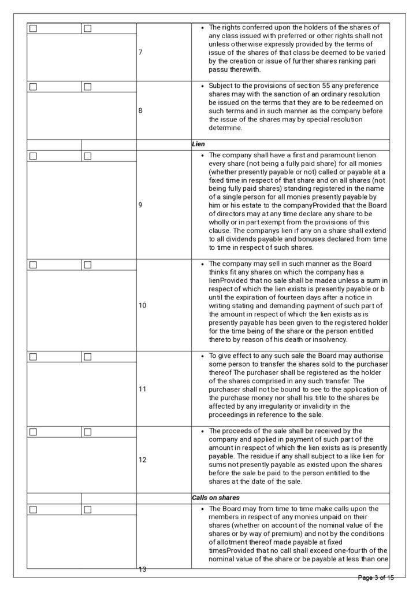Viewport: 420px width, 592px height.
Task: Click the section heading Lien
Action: click(x=198, y=144)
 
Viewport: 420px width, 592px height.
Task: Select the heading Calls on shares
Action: click(x=216, y=497)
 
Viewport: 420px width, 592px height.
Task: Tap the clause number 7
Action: click(x=141, y=52)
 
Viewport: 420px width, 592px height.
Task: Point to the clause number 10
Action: click(x=143, y=305)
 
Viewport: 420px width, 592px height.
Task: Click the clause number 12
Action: click(x=143, y=460)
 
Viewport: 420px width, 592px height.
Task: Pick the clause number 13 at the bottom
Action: click(x=143, y=569)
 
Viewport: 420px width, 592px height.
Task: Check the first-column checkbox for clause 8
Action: click(x=33, y=87)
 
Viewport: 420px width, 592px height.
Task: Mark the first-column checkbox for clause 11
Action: click(x=33, y=357)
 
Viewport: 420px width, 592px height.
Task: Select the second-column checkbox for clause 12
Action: click(x=88, y=432)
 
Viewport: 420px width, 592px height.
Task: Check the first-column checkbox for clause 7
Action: click(x=33, y=28)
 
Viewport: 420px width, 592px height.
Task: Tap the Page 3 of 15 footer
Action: click(x=376, y=578)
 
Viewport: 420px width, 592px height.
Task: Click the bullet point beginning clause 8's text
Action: click(x=202, y=86)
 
